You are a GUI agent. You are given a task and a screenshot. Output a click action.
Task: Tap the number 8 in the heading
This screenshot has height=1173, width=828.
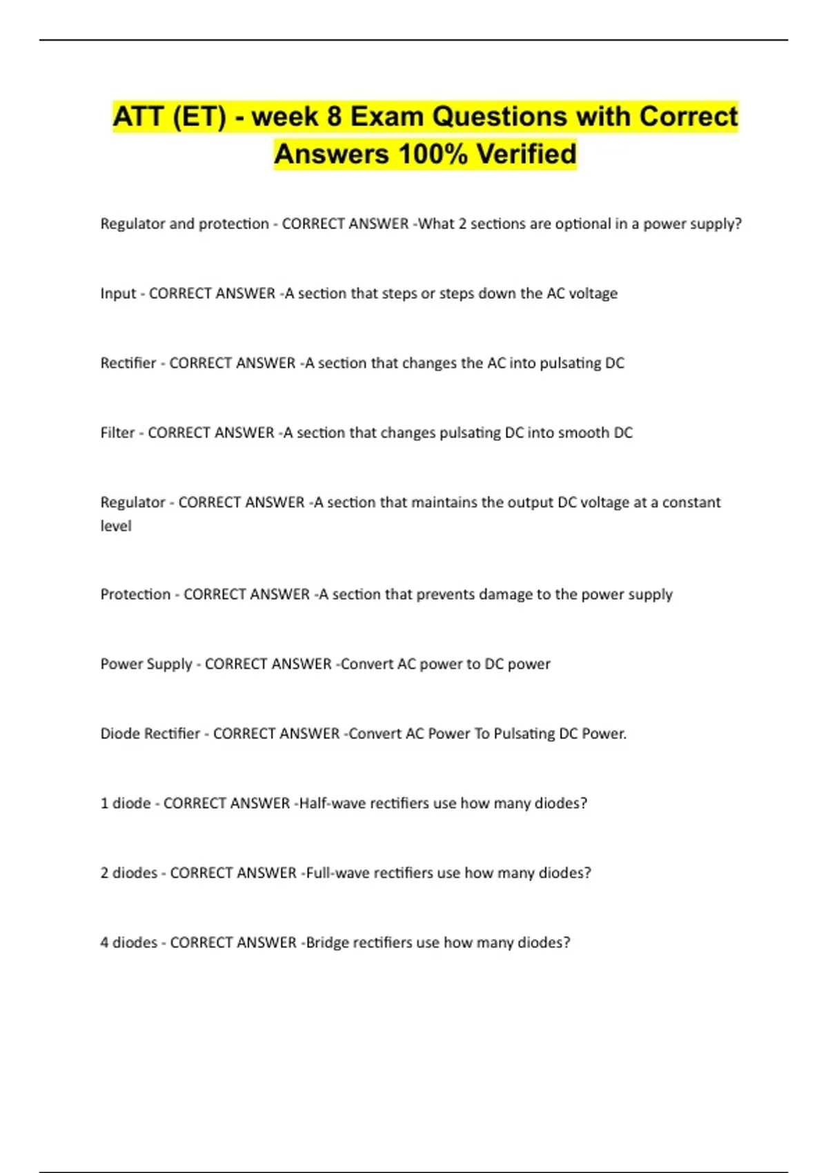coord(334,117)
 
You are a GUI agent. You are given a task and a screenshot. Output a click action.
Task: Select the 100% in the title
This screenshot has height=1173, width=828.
coord(433,154)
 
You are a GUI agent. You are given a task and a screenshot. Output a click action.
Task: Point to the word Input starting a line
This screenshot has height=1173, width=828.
coord(118,293)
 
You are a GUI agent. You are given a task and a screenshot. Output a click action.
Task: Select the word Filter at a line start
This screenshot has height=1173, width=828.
coord(117,433)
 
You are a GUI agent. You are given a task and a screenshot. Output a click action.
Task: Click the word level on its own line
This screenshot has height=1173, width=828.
coord(116,526)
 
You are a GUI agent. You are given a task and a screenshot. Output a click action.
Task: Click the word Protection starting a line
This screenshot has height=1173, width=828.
coord(135,594)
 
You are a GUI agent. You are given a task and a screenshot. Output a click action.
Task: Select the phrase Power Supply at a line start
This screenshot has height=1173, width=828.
coord(146,664)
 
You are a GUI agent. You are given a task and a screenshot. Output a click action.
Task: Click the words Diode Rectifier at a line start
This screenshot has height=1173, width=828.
coord(150,733)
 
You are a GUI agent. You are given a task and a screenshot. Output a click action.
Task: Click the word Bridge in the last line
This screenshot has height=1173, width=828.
coord(327,943)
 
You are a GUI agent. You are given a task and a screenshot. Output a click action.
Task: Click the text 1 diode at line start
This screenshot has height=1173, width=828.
coord(126,803)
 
